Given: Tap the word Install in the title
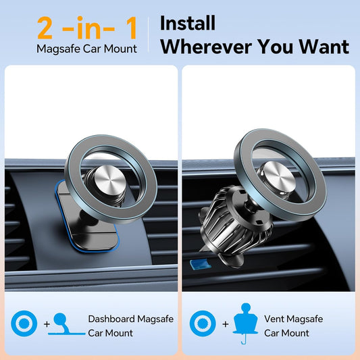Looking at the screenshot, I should coord(187,22).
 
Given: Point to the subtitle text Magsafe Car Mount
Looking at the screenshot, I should coord(87,49).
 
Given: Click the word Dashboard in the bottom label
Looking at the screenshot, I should coord(110,318).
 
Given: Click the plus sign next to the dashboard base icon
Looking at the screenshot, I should coord(47,324).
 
